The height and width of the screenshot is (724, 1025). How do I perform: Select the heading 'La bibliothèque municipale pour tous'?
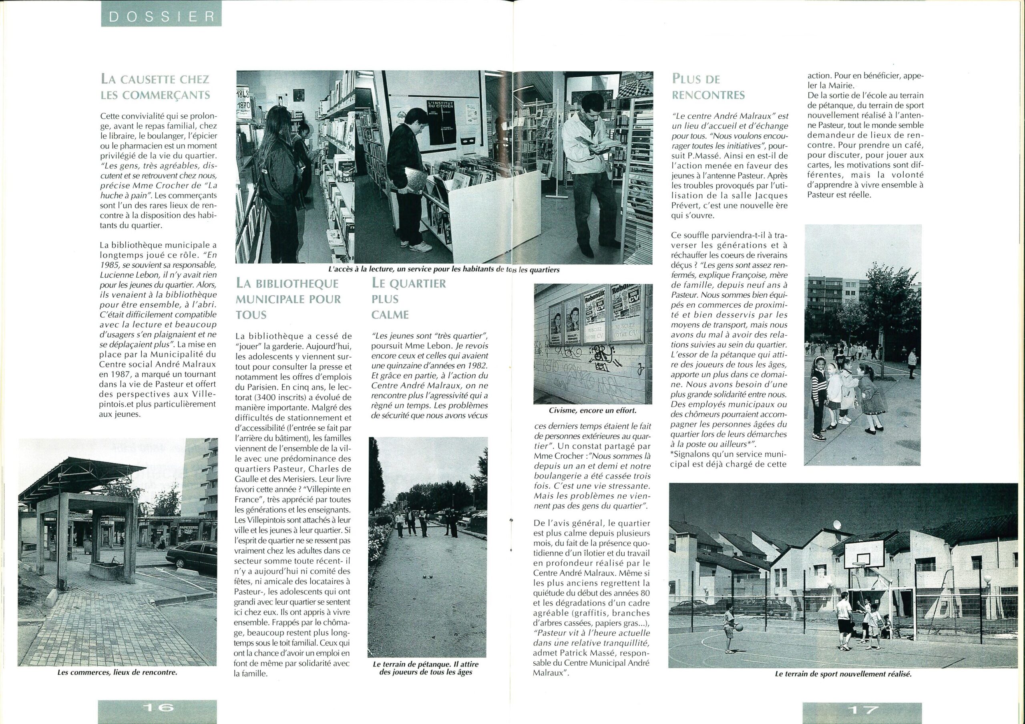pos(288,299)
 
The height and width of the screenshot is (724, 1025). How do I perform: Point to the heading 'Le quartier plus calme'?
pos(408,299)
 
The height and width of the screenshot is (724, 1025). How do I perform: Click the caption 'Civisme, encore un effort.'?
pos(593,410)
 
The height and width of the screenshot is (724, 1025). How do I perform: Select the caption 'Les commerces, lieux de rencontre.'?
pos(117,672)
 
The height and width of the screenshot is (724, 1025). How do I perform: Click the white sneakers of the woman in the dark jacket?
pos(419,247)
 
